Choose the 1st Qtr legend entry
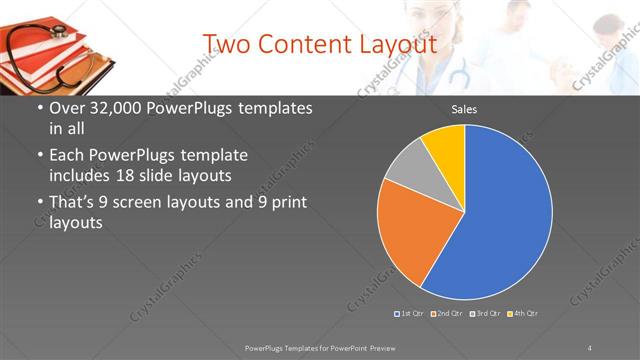click(x=410, y=314)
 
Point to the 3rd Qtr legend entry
click(x=486, y=314)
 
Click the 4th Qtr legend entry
click(x=523, y=314)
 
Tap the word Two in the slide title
click(x=229, y=44)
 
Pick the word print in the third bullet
click(x=287, y=202)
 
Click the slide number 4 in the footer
click(x=590, y=347)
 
